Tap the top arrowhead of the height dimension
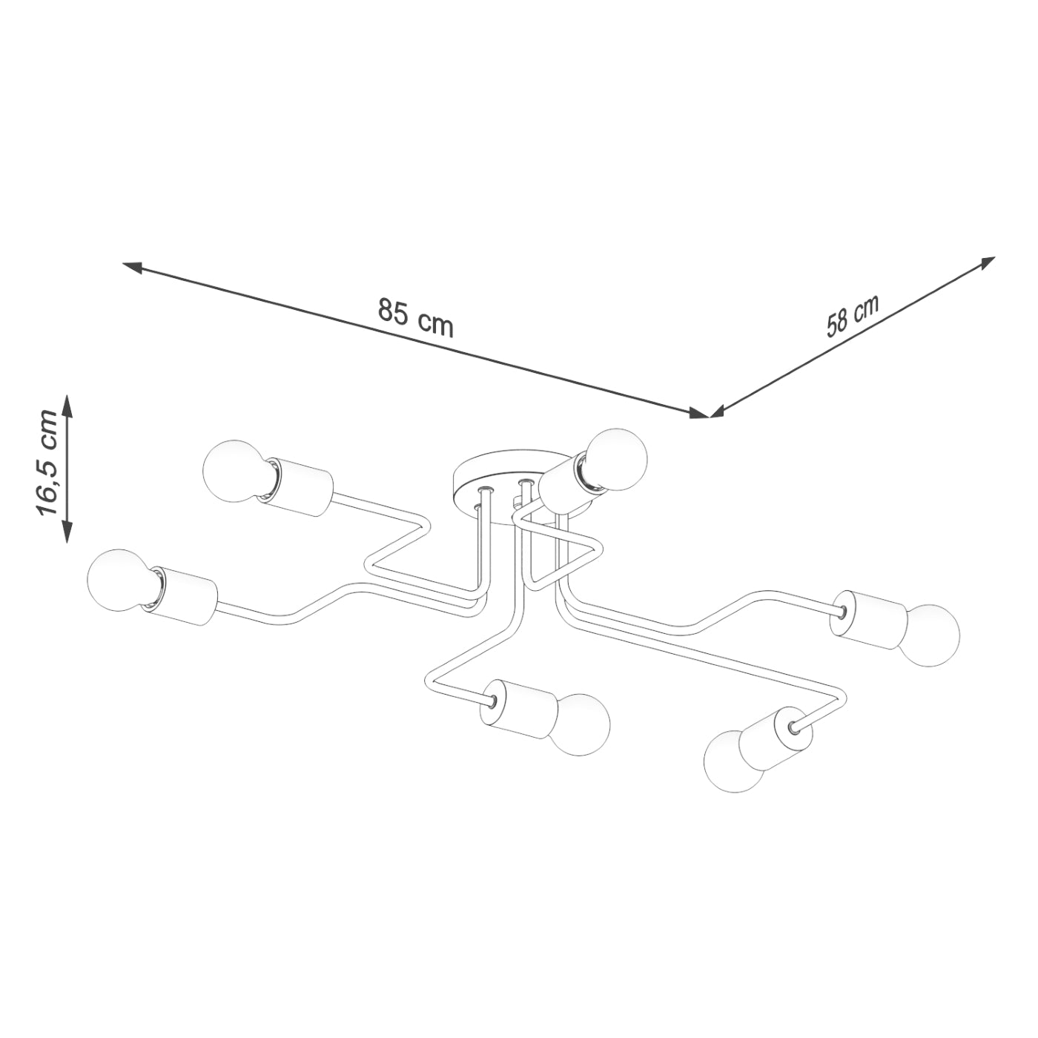pos(67,404)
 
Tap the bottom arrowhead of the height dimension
pos(67,532)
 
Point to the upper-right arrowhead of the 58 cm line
pos(987,262)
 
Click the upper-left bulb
pos(233,472)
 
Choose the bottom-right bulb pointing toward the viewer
pos(734,761)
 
